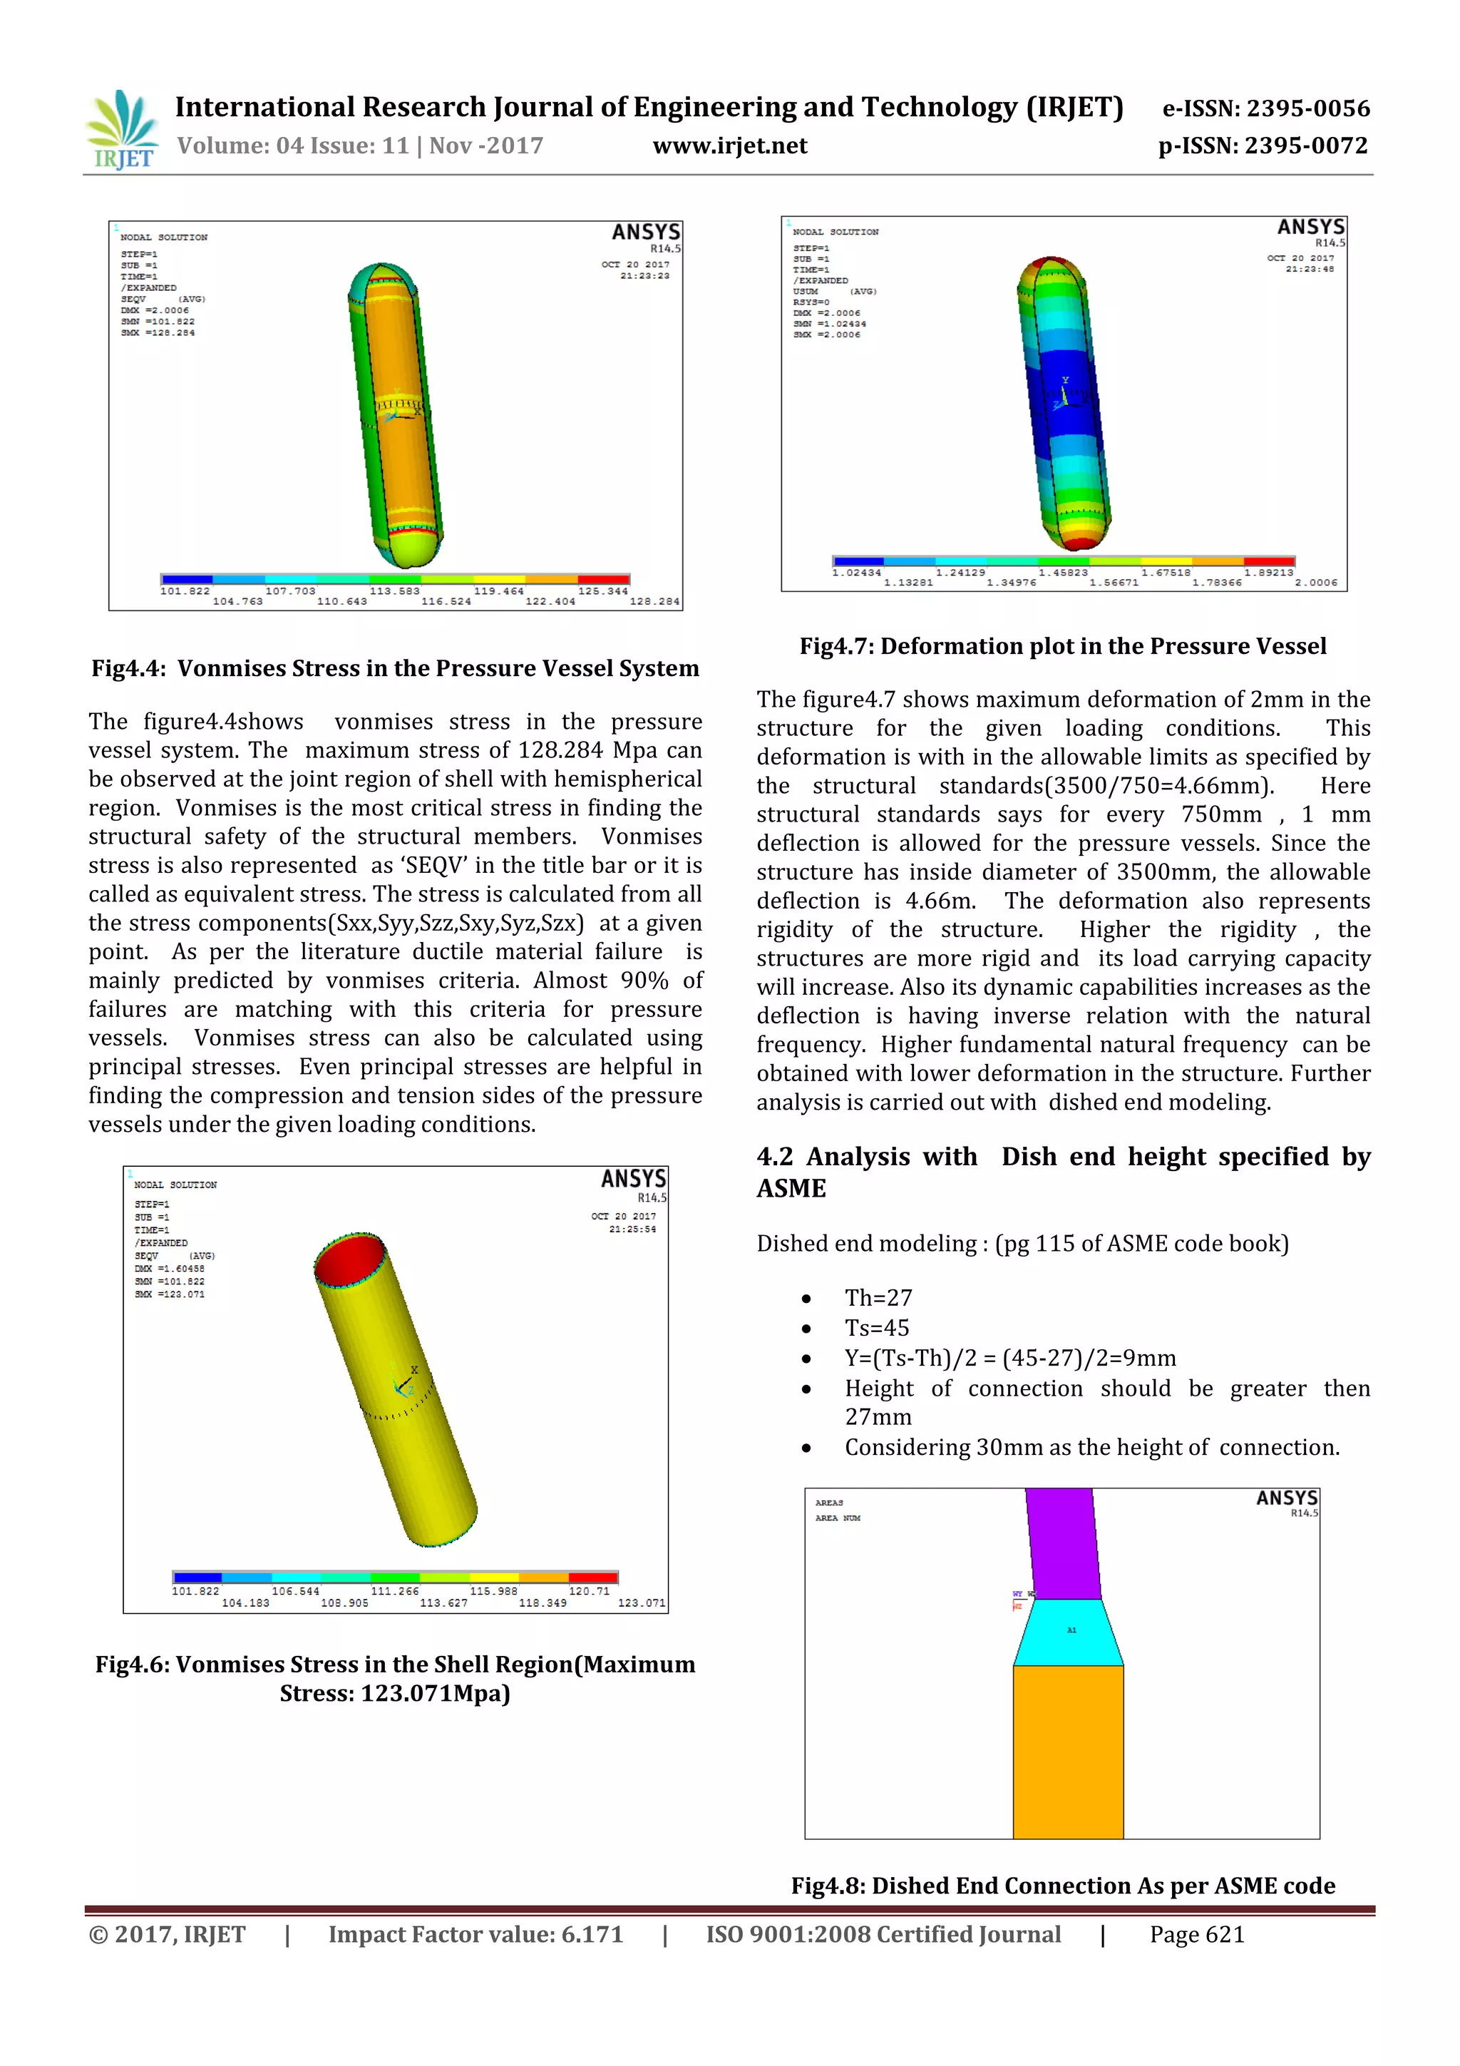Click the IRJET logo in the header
pos(123,131)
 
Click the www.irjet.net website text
pos(729,145)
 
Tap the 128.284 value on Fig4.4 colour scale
pos(654,601)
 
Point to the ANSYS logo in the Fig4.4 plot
pos(645,232)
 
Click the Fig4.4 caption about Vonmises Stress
pos(395,668)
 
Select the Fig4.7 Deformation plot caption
pos(1062,646)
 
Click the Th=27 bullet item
pos(878,1297)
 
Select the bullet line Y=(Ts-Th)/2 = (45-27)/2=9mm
pos(1009,1358)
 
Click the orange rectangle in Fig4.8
pos(1068,1750)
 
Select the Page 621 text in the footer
pos(1196,1935)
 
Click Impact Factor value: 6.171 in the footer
pos(475,1935)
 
